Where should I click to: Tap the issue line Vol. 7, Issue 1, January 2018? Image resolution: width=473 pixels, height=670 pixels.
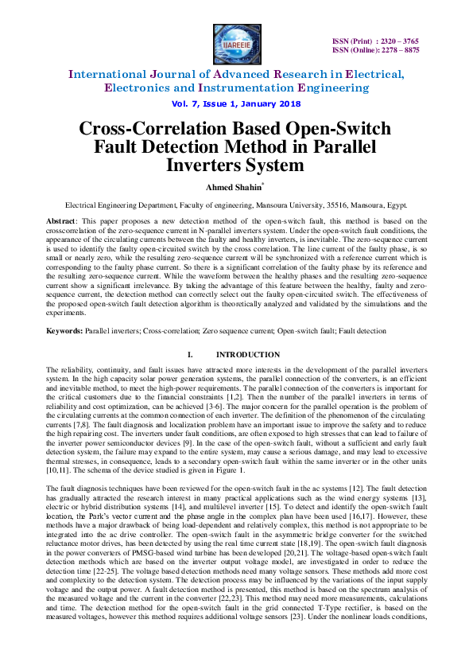click(x=235, y=104)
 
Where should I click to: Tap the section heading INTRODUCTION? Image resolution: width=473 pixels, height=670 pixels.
click(x=248, y=354)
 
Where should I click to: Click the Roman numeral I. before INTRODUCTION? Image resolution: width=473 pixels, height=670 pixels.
click(x=188, y=354)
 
